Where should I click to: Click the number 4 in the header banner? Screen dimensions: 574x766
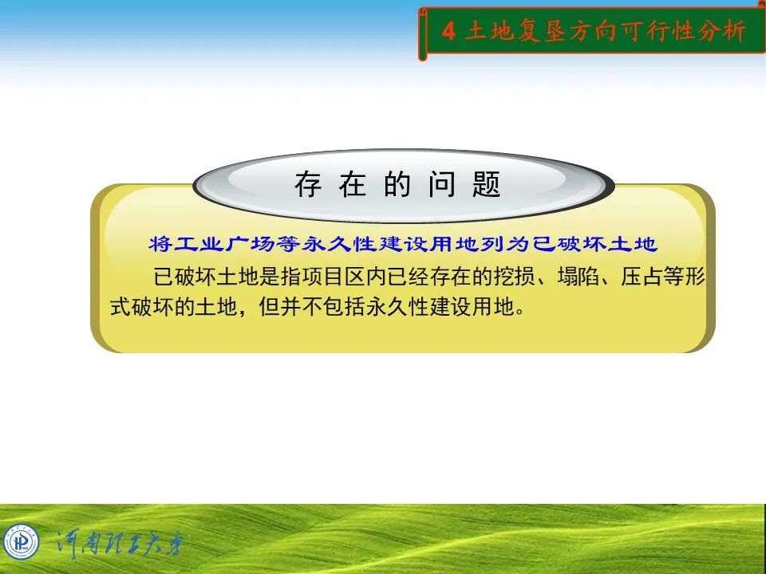pos(448,32)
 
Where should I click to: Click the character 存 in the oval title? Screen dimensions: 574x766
pos(308,185)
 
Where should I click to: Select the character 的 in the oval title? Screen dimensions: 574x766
pos(397,185)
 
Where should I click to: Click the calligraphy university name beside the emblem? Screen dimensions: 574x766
pos(120,545)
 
